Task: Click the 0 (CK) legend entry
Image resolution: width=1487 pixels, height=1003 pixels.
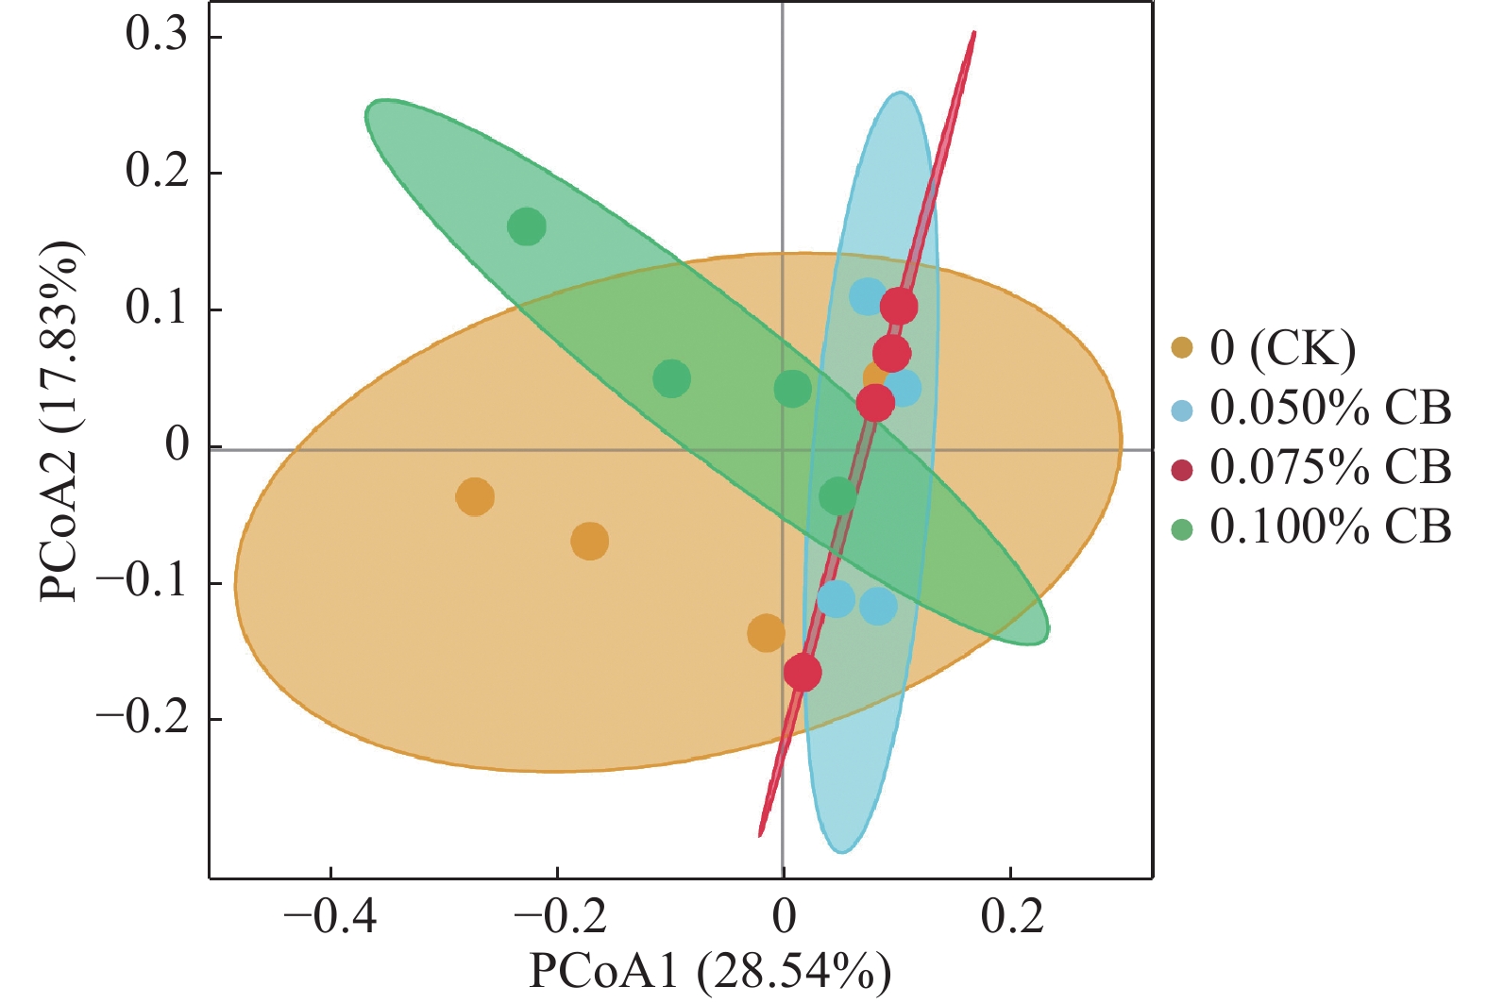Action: tap(1281, 348)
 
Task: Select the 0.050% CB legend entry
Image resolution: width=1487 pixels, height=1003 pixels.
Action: tap(1329, 408)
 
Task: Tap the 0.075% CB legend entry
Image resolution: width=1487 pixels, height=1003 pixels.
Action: tap(1329, 467)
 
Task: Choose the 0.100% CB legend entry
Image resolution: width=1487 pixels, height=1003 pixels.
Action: tap(1329, 527)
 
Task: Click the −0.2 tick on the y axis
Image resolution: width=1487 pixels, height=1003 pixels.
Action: tap(142, 718)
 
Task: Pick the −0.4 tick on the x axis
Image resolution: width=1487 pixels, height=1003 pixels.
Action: tap(330, 916)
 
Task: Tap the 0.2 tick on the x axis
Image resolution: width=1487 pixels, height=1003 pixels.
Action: tap(1011, 916)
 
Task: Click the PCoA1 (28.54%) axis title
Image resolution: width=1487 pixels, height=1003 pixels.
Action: tap(710, 972)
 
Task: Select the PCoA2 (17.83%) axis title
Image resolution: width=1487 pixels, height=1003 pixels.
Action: tap(59, 422)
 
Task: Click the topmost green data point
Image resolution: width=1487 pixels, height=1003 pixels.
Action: tap(527, 226)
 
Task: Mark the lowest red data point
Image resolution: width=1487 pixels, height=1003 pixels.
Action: tap(803, 672)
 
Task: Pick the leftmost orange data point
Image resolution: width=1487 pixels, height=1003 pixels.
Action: tap(475, 496)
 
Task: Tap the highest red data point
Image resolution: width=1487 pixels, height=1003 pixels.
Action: tap(899, 306)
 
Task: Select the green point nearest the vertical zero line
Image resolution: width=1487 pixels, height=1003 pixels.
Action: tap(792, 388)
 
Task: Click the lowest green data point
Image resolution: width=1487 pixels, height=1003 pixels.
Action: tap(837, 496)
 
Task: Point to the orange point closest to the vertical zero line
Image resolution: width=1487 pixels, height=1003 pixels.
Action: tap(766, 633)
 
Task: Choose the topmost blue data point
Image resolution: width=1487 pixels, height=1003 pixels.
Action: tap(868, 296)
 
